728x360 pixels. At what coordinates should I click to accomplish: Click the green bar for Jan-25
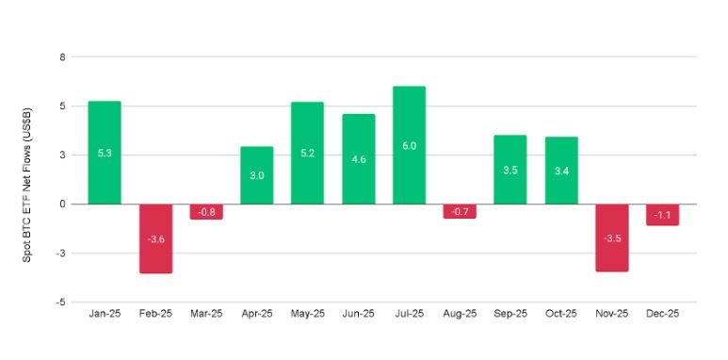104,152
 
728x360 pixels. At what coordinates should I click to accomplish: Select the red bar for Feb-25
155,238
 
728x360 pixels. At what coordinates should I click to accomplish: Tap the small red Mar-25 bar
206,211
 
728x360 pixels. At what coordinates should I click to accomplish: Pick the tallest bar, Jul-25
409,144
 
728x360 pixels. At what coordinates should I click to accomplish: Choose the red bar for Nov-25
612,237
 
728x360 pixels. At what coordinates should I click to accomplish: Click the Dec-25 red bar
663,214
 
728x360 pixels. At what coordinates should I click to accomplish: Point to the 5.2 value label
307,153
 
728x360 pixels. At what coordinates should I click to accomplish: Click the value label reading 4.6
358,159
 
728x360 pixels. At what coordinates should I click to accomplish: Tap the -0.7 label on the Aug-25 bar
460,211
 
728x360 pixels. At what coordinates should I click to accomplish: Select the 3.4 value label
560,171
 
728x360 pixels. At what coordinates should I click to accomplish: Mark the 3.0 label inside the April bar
257,175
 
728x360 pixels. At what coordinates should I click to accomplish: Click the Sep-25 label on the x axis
510,315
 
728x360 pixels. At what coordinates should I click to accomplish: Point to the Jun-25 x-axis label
358,315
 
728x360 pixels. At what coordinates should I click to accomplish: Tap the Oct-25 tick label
560,315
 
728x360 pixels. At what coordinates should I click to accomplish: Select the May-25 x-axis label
307,315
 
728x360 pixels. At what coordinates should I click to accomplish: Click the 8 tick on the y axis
62,57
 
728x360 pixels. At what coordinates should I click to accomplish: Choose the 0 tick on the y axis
62,204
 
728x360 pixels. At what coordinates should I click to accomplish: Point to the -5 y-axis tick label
60,302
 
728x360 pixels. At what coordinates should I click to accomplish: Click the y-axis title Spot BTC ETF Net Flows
29,179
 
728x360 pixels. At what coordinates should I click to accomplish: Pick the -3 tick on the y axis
60,253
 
